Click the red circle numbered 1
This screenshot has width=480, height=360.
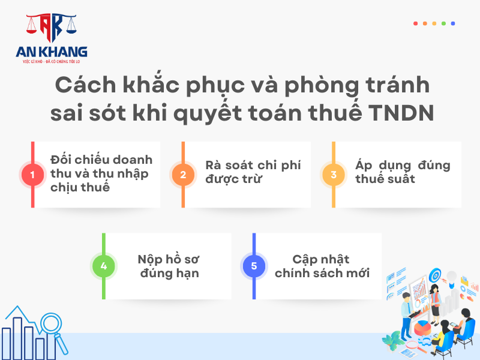click(32, 175)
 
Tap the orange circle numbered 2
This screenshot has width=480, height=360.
click(183, 175)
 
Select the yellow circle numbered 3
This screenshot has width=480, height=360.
click(334, 175)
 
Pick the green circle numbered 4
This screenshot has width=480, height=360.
click(104, 266)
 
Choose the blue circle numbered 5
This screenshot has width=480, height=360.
click(254, 266)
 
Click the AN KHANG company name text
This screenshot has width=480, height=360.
click(52, 52)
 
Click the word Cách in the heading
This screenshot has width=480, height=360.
click(86, 85)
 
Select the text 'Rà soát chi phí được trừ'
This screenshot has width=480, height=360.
click(253, 172)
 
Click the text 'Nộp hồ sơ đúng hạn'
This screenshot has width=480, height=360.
click(169, 266)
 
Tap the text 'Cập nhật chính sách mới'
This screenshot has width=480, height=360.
click(322, 266)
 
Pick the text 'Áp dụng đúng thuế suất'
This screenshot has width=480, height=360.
click(403, 172)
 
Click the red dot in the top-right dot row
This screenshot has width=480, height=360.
click(415, 23)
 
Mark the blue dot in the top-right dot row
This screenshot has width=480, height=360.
click(453, 23)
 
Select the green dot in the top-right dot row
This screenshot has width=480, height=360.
click(443, 23)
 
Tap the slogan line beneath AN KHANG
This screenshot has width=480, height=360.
click(52, 62)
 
